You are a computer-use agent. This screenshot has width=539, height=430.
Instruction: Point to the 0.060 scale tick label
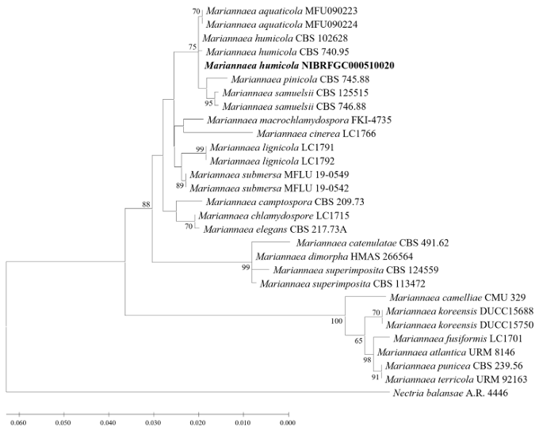(16, 423)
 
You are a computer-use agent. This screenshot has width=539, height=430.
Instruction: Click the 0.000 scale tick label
(287, 423)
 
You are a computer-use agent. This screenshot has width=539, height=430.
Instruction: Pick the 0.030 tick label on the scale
(151, 423)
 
